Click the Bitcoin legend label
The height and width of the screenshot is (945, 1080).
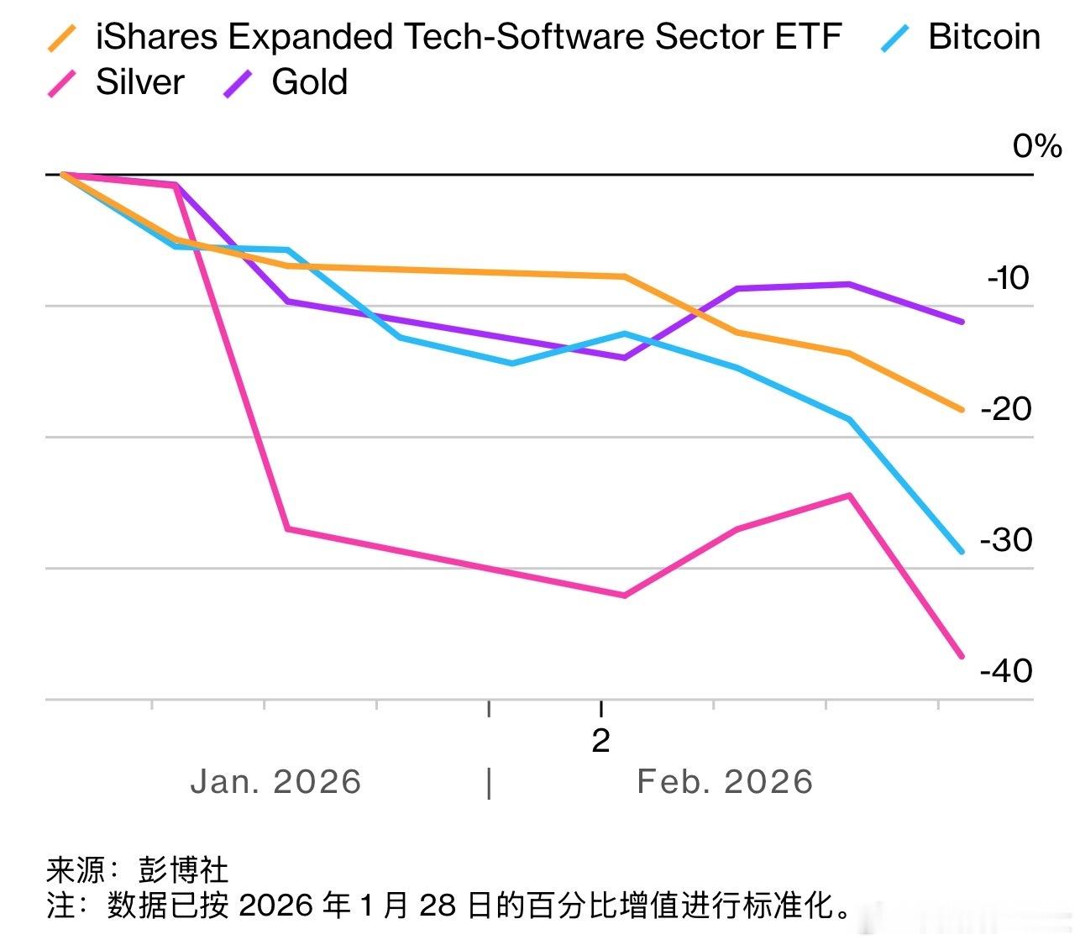click(983, 37)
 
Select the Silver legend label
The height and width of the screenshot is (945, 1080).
click(139, 82)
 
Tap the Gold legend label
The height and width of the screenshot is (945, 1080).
click(309, 82)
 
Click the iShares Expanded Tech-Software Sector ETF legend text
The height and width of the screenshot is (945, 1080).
click(468, 37)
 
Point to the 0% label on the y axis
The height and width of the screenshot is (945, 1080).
click(1036, 146)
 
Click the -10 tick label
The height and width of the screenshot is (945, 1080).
click(1008, 278)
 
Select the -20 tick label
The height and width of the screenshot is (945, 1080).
click(1005, 409)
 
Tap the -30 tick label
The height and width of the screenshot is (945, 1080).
click(1005, 540)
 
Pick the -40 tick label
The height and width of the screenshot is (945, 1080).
click(1005, 671)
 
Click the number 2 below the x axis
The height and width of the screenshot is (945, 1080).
click(600, 741)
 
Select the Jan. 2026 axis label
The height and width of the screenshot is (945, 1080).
click(275, 782)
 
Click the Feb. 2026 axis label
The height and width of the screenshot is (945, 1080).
click(725, 782)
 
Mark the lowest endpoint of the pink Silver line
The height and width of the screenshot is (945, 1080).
click(962, 656)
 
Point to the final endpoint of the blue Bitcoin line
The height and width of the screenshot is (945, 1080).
click(962, 552)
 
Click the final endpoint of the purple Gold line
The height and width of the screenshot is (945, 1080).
click(962, 322)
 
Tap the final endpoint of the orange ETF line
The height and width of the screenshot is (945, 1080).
click(962, 410)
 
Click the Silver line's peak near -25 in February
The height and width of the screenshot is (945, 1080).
click(850, 496)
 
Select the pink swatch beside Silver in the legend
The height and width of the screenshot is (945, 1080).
click(62, 83)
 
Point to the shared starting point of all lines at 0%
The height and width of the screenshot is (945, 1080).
click(63, 175)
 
